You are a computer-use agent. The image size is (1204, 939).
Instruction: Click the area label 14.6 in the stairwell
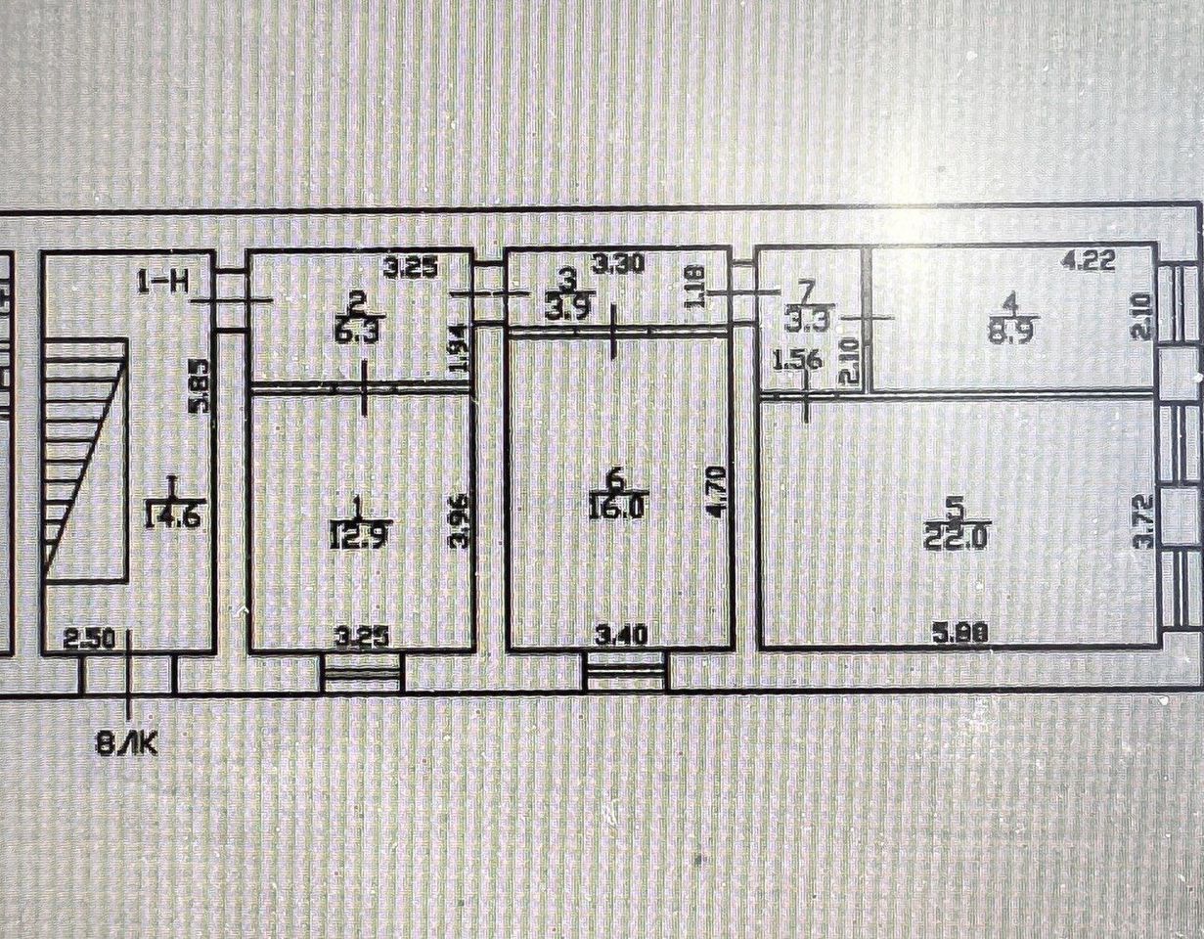pos(172,514)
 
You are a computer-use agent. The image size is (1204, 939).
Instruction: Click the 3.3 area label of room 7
pos(804,317)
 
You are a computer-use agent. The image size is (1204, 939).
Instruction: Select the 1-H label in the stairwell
pos(163,285)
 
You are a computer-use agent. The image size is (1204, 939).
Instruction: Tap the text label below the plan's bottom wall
pos(126,745)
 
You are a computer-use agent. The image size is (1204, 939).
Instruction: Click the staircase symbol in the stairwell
pos(84,460)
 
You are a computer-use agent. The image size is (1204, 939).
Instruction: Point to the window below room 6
pos(626,673)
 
